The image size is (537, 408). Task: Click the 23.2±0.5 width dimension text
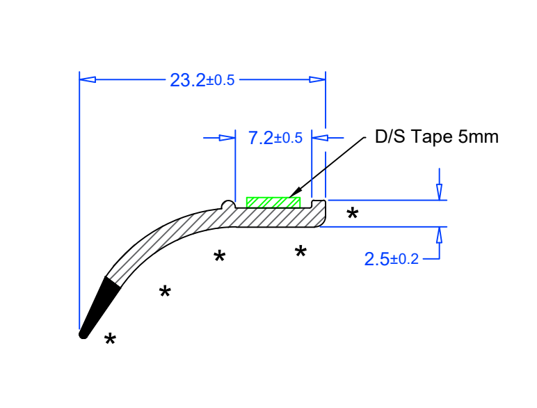pos(202,80)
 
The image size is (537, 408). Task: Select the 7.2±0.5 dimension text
pos(275,138)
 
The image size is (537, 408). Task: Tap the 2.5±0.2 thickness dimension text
pos(391,259)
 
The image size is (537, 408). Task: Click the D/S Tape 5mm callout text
pos(437,136)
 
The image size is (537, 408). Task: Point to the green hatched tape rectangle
pos(273,203)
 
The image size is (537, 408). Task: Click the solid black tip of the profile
pos(97,308)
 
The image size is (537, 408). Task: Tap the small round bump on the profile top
pos(228,204)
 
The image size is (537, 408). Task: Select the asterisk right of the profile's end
pos(353,213)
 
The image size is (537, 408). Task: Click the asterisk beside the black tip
pos(110,339)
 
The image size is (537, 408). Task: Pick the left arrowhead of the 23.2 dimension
pos(88,79)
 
